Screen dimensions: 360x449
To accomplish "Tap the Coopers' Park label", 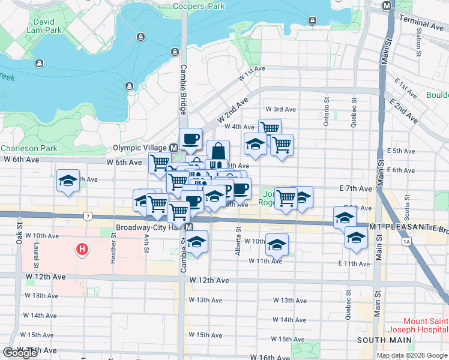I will pyautogui.click(x=197, y=6).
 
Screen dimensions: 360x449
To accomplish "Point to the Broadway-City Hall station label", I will pyautogui.click(x=149, y=228).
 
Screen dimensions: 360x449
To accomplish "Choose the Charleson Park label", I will pyautogui.click(x=28, y=148).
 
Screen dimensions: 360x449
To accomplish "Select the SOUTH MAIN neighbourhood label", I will pyautogui.click(x=384, y=340).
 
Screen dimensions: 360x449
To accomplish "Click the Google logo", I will pyautogui.click(x=20, y=353).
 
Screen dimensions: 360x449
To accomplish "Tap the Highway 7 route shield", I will pyautogui.click(x=88, y=215).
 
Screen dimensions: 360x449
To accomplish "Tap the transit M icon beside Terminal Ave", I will pyautogui.click(x=387, y=5).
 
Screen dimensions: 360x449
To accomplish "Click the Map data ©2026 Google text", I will pyautogui.click(x=412, y=355).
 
